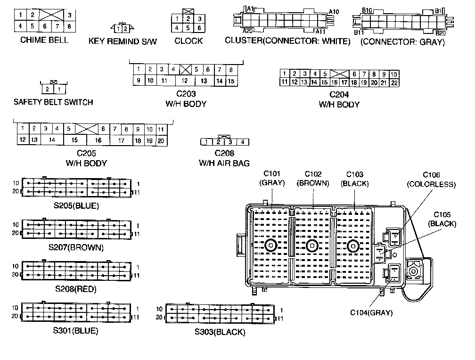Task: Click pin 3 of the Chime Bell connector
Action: [x=69, y=16]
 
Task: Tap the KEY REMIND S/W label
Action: [x=123, y=41]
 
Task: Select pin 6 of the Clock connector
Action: [x=199, y=28]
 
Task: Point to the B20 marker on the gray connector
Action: [x=441, y=33]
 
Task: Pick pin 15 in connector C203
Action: [x=231, y=81]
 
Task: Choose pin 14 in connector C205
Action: [x=52, y=140]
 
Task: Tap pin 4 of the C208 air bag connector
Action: [x=242, y=142]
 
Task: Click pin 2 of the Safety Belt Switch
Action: [x=47, y=89]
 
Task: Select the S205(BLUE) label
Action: [x=77, y=205]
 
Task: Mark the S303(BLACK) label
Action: [x=220, y=332]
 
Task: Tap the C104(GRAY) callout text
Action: [x=371, y=312]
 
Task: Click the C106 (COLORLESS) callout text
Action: [x=431, y=180]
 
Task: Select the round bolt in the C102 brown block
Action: [x=311, y=245]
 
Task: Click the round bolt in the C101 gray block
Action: [x=270, y=245]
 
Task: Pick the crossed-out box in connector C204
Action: [x=339, y=74]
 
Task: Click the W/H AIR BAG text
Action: [x=224, y=163]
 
